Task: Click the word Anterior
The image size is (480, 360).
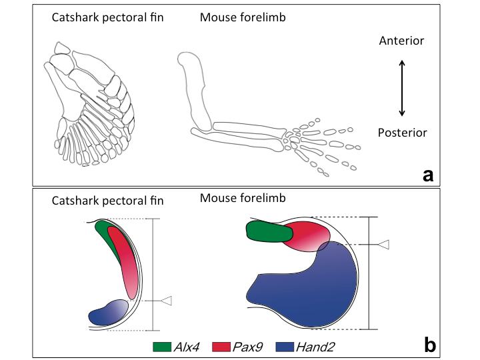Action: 401,41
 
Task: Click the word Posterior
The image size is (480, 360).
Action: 401,132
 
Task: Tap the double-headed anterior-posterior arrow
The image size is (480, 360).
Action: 401,87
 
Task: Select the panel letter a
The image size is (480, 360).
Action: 428,175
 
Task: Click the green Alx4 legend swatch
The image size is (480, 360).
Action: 163,347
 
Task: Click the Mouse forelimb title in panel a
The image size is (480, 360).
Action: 243,17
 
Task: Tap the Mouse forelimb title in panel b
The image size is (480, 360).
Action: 242,198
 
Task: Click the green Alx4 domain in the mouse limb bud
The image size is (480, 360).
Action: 269,231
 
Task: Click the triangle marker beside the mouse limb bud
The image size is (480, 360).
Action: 382,245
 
